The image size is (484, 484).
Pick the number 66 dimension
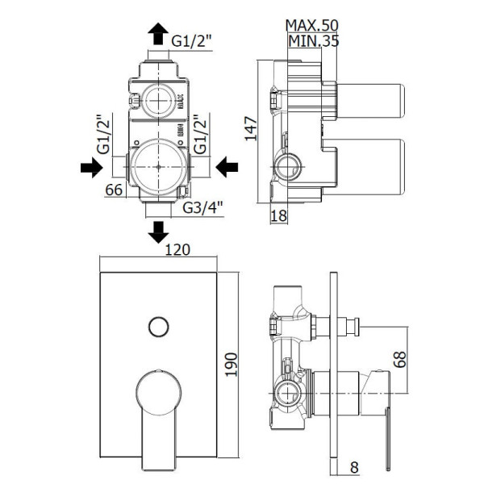click(x=113, y=191)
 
